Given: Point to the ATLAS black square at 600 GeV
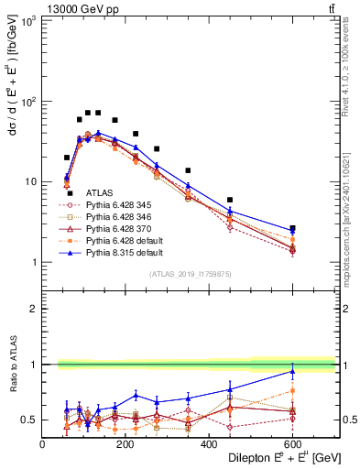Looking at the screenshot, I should click(293, 228).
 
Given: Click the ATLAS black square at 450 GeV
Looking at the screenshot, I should click(230, 200).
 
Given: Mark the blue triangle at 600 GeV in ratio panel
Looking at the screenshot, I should click(293, 371).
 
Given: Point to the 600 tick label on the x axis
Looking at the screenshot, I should click(293, 444).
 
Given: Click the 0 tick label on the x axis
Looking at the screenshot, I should click(42, 444).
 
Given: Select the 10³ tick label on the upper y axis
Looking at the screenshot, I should click(28, 20).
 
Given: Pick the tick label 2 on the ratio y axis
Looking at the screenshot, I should click(35, 309).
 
